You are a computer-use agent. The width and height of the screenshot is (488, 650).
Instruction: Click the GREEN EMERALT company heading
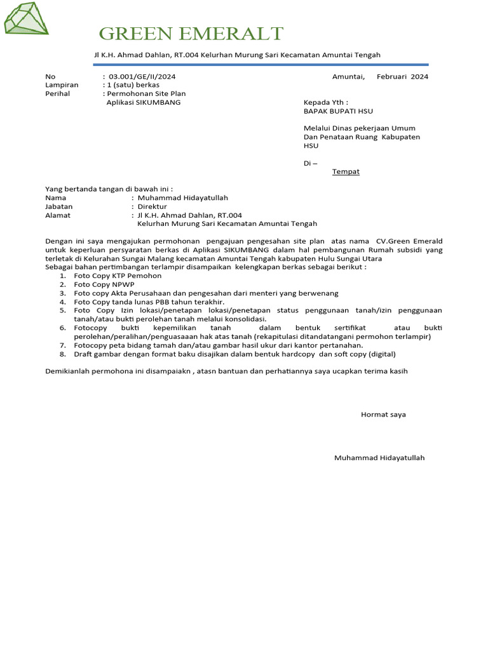pyautogui.click(x=191, y=34)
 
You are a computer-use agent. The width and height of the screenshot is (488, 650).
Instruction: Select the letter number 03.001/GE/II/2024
pyautogui.click(x=142, y=77)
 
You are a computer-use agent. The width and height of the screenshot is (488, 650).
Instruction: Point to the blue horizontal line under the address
pyautogui.click(x=261, y=65)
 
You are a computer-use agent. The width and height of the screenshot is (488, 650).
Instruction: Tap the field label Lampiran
pyautogui.click(x=62, y=85)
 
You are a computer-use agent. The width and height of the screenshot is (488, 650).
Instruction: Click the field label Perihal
pyautogui.click(x=57, y=93)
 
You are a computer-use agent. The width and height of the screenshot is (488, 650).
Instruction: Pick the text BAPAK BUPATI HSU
pyautogui.click(x=338, y=111)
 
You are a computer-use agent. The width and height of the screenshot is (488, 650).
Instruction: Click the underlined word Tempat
pyautogui.click(x=346, y=171)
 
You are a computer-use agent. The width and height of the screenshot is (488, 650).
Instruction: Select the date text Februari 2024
pyautogui.click(x=402, y=77)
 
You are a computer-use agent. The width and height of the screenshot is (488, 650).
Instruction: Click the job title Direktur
pyautogui.click(x=152, y=206)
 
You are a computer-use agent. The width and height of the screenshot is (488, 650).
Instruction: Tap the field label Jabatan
pyautogui.click(x=58, y=206)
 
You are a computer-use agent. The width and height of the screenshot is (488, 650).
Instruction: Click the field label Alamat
pyautogui.click(x=58, y=215)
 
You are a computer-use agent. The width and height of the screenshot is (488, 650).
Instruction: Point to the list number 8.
pyautogui.click(x=63, y=354)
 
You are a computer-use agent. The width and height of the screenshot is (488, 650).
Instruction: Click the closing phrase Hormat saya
pyautogui.click(x=383, y=415)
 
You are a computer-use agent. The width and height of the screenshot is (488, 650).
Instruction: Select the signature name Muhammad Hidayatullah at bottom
pyautogui.click(x=379, y=458)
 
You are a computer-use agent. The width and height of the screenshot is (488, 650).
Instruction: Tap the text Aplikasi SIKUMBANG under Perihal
pyautogui.click(x=144, y=102)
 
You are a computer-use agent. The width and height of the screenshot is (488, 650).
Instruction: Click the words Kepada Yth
pyautogui.click(x=325, y=102)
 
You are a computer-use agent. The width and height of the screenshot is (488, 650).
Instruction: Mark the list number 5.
pyautogui.click(x=63, y=310)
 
